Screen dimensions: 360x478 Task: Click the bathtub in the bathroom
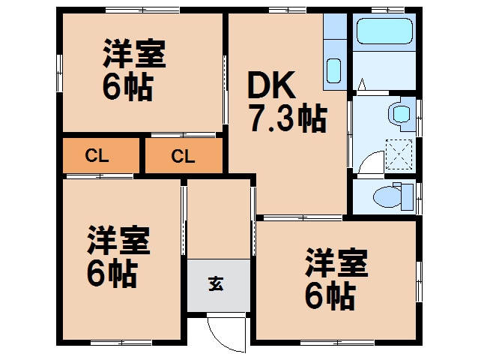click(x=384, y=32)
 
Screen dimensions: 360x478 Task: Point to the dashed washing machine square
click(x=399, y=154)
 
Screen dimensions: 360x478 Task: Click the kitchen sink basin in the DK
click(x=333, y=71)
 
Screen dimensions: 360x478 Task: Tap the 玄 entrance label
click(x=217, y=284)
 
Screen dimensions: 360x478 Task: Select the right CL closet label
click(x=183, y=157)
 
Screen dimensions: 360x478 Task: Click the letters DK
click(x=274, y=86)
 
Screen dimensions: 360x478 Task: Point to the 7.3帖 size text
click(x=287, y=118)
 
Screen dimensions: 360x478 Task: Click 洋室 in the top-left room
click(x=134, y=54)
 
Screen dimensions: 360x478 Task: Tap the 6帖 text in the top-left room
click(x=127, y=88)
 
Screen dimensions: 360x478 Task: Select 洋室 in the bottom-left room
click(x=118, y=241)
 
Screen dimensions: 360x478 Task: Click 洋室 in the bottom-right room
click(x=336, y=264)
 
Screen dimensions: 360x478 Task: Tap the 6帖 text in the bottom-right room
click(x=329, y=297)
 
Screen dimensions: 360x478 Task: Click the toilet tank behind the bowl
click(x=408, y=197)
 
